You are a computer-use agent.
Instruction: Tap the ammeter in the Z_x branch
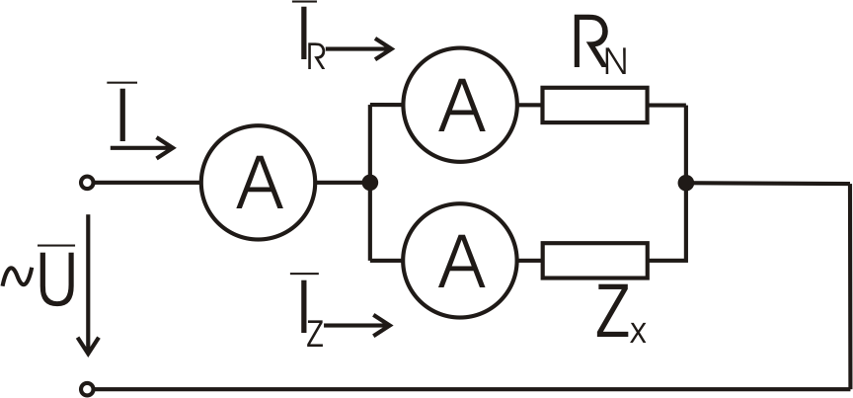point(459,261)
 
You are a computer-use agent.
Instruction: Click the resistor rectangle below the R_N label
point(594,104)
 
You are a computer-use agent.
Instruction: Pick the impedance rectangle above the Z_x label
point(594,261)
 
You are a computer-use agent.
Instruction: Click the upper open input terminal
point(88,183)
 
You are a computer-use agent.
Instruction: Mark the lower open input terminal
point(88,388)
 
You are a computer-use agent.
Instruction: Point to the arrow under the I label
point(143,149)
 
